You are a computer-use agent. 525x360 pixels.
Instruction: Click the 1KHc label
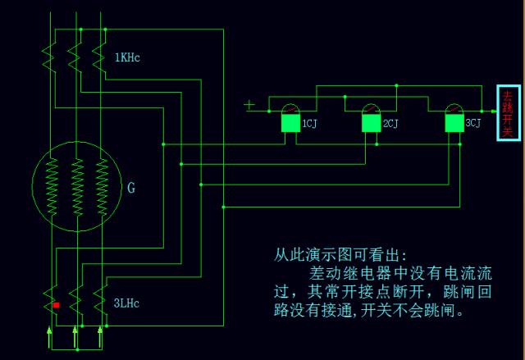129,58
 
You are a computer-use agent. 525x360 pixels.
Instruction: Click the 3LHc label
127,303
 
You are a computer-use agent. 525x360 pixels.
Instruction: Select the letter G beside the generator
131,188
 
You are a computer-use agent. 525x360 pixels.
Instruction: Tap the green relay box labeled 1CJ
290,123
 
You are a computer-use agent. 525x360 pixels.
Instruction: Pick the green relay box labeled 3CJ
454,123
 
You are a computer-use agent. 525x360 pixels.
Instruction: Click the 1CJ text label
309,124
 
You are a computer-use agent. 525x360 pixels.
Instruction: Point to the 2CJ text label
391,124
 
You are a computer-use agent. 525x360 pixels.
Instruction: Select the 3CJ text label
473,124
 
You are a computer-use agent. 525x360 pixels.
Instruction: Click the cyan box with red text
508,112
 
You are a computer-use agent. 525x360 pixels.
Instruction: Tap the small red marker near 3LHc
56,305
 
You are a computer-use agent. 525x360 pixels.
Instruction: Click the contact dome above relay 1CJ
290,109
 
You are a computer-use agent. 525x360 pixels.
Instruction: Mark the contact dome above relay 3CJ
454,109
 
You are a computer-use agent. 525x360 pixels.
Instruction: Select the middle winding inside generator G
76,187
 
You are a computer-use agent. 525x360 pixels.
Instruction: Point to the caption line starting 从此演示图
340,254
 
